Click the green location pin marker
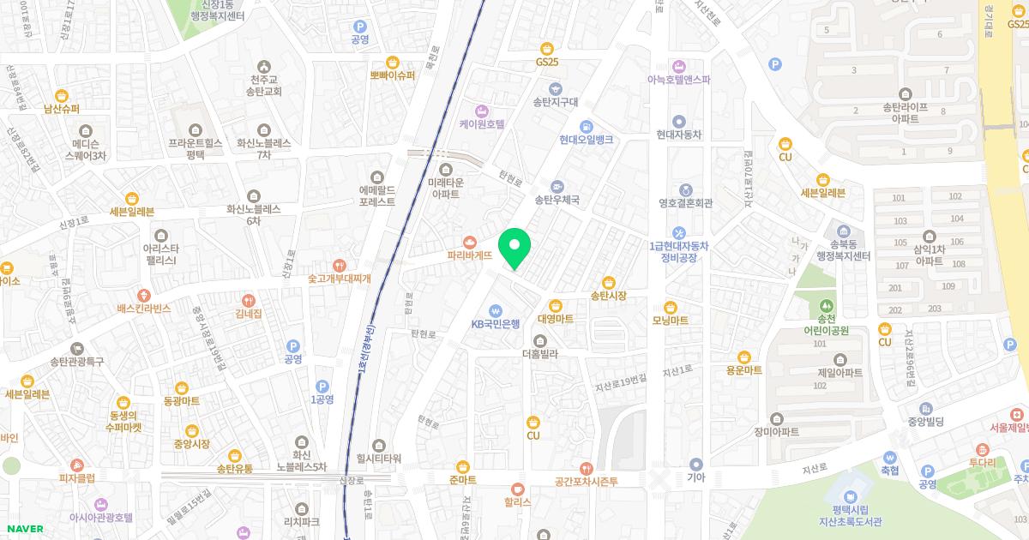(x=514, y=249)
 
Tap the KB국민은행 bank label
(x=496, y=324)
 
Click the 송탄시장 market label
(x=608, y=296)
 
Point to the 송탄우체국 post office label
(x=557, y=200)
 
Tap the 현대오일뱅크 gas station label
(x=586, y=140)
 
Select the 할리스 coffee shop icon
(x=517, y=489)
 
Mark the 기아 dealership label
(x=695, y=477)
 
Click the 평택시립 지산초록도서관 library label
(x=850, y=515)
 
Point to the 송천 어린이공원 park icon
(x=826, y=304)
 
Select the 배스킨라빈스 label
(x=144, y=308)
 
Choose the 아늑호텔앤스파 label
(x=679, y=79)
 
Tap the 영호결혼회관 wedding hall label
(x=685, y=204)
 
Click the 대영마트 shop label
(x=555, y=319)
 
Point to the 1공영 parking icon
(x=322, y=399)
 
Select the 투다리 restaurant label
(x=982, y=462)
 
